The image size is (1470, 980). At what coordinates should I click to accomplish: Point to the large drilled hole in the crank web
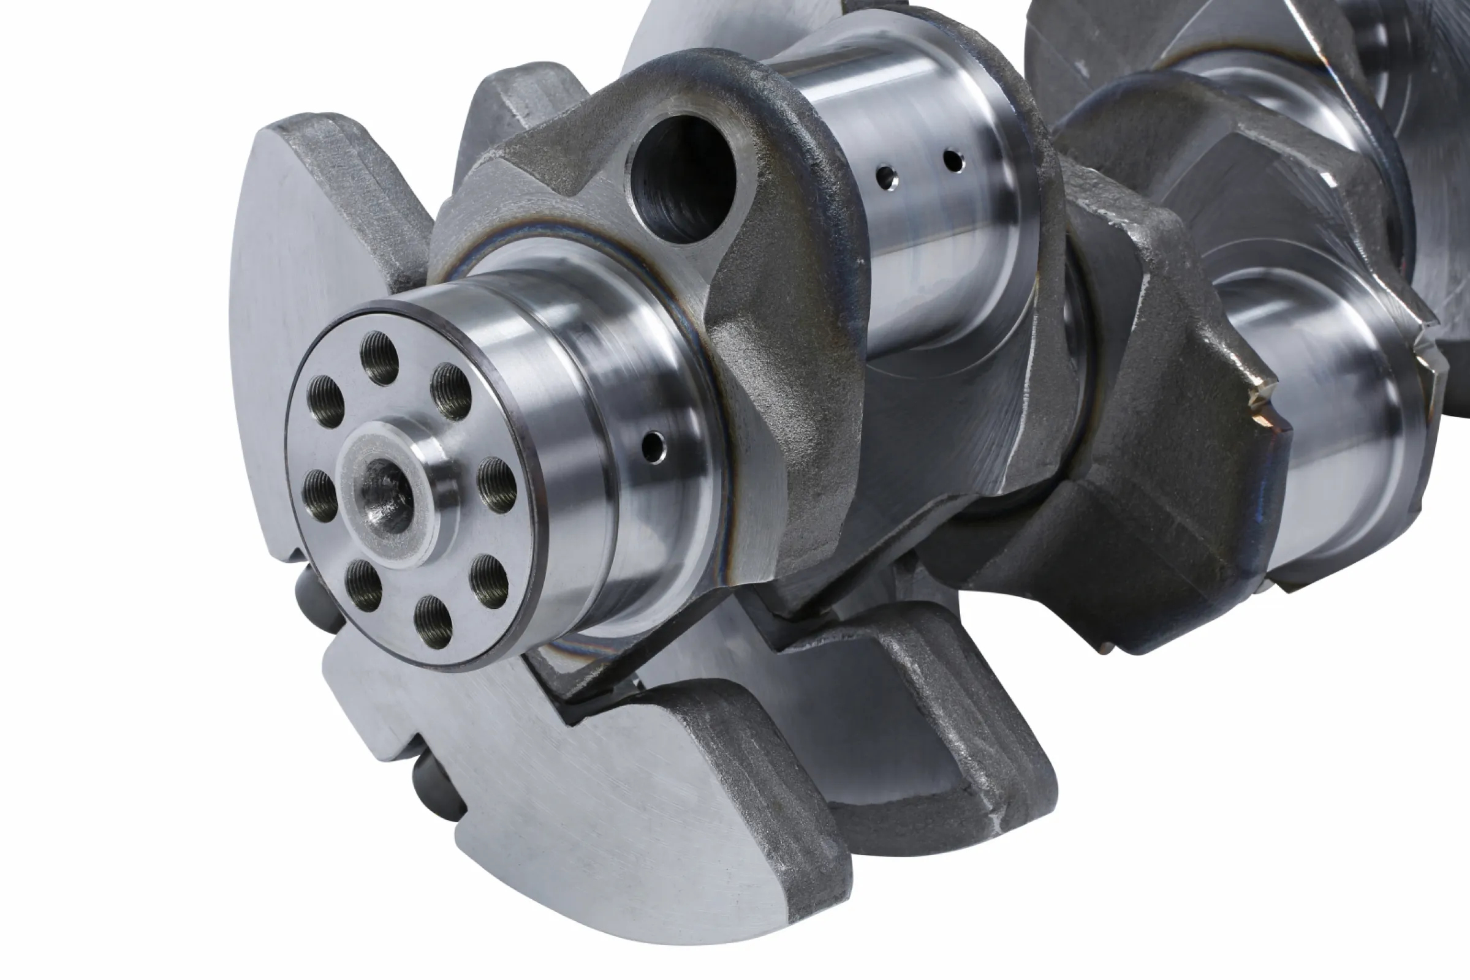[683, 178]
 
